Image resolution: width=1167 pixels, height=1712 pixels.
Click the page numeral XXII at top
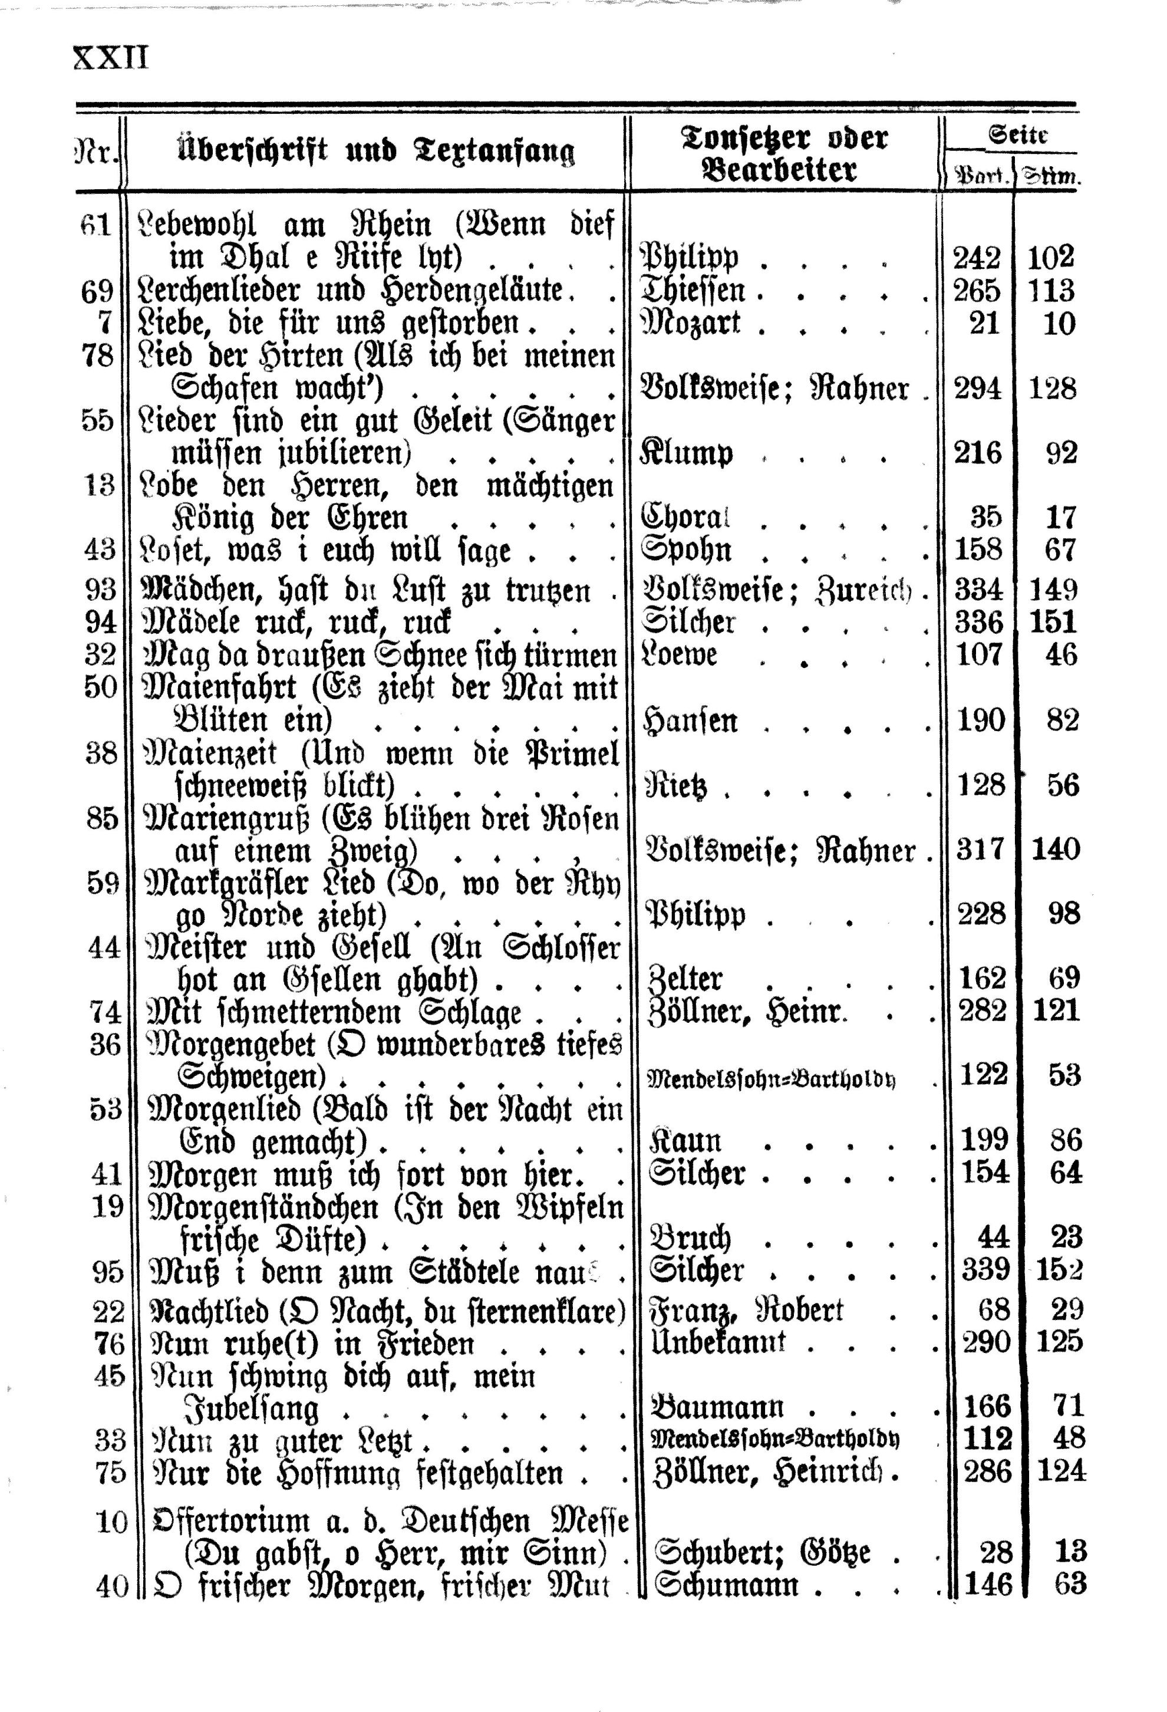[x=110, y=57]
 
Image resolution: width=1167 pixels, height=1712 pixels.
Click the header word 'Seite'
[x=1018, y=135]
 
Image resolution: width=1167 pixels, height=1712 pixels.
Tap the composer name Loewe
[x=680, y=655]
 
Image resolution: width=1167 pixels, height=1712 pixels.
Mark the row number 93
[x=100, y=590]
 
